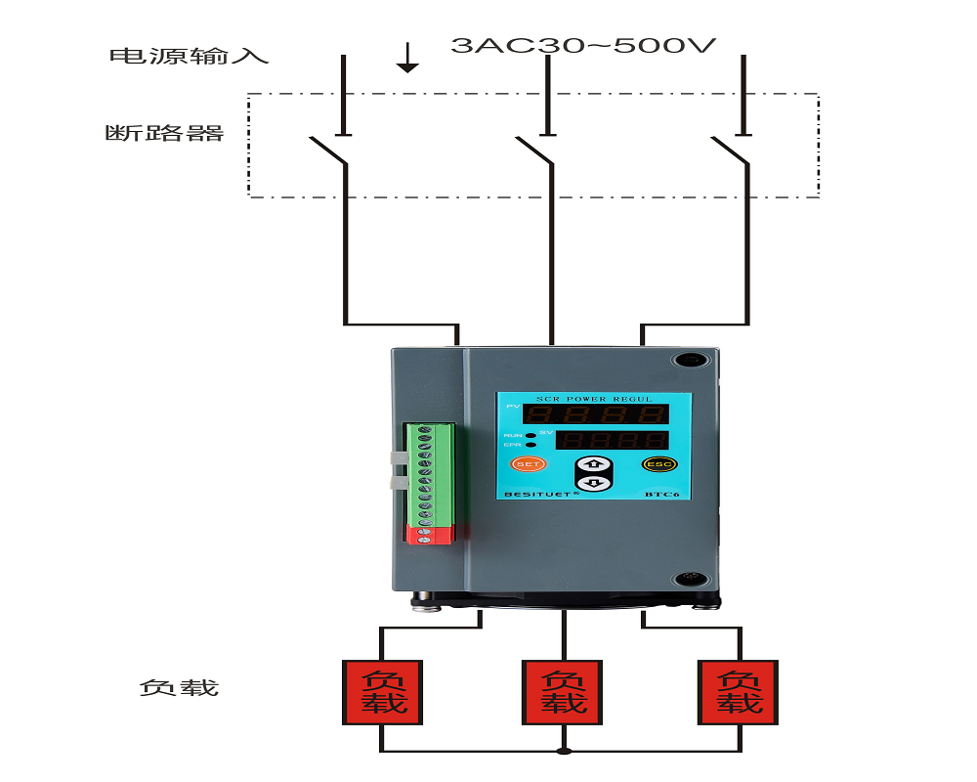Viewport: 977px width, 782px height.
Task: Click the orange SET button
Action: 528,463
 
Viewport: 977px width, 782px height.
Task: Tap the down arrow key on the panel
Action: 593,482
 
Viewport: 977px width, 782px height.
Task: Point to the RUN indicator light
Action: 530,435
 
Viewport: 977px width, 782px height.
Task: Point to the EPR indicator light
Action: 530,445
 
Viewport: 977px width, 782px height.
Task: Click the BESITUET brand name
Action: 540,495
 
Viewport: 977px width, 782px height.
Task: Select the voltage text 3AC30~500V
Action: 584,46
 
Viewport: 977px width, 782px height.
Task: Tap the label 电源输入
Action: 188,56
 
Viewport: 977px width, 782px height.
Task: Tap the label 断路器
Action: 164,133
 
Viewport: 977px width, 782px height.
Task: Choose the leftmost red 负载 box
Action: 381,692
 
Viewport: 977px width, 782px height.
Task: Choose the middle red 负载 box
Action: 563,692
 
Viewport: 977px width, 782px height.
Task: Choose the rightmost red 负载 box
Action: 739,692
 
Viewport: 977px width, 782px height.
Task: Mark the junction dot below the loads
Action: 563,751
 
